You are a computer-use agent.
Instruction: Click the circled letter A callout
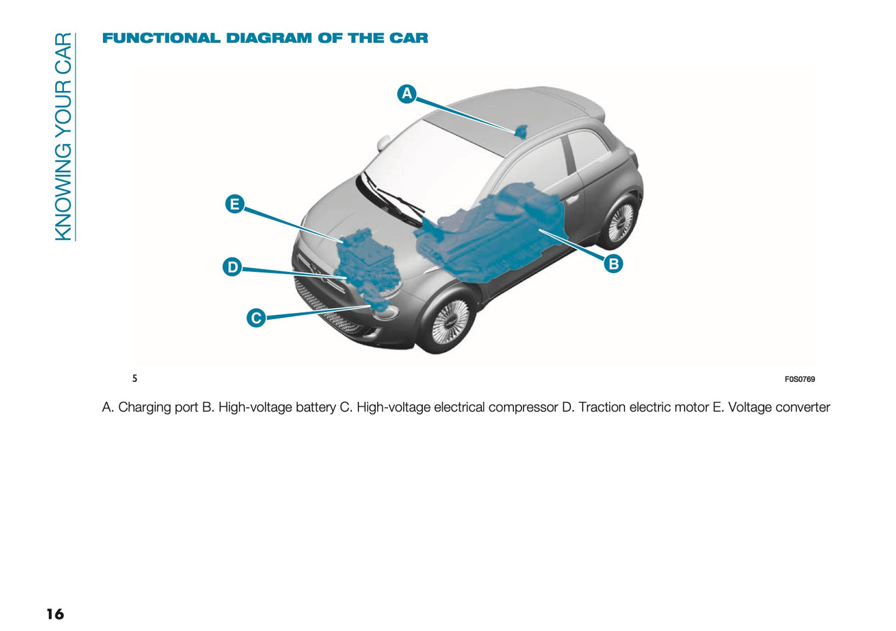407,94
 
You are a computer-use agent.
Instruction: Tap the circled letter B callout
613,263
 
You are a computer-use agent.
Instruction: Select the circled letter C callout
256,318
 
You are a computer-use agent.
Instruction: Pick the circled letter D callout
233,267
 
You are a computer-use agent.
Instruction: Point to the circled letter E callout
234,204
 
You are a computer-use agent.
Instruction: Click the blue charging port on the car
521,131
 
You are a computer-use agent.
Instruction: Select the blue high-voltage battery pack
496,236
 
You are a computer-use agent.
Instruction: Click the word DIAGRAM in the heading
269,38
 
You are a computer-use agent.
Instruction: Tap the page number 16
55,614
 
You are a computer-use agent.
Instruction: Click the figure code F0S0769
799,379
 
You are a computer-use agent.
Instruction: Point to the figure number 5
135,378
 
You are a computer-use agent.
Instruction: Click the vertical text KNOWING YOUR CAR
64,136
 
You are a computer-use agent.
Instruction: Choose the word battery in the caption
315,407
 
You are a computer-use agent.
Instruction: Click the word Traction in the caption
602,407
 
